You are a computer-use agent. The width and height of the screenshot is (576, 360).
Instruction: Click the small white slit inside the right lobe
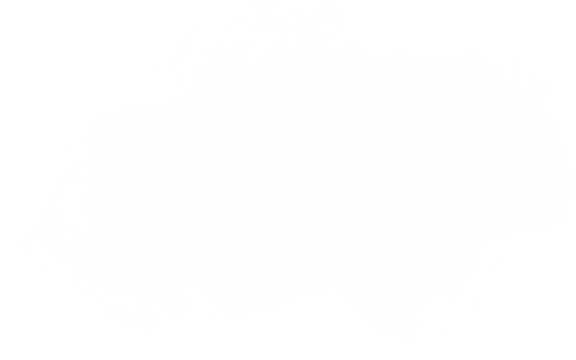[501, 170]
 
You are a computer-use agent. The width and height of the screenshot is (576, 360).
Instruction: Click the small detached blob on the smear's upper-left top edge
[241, 84]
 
